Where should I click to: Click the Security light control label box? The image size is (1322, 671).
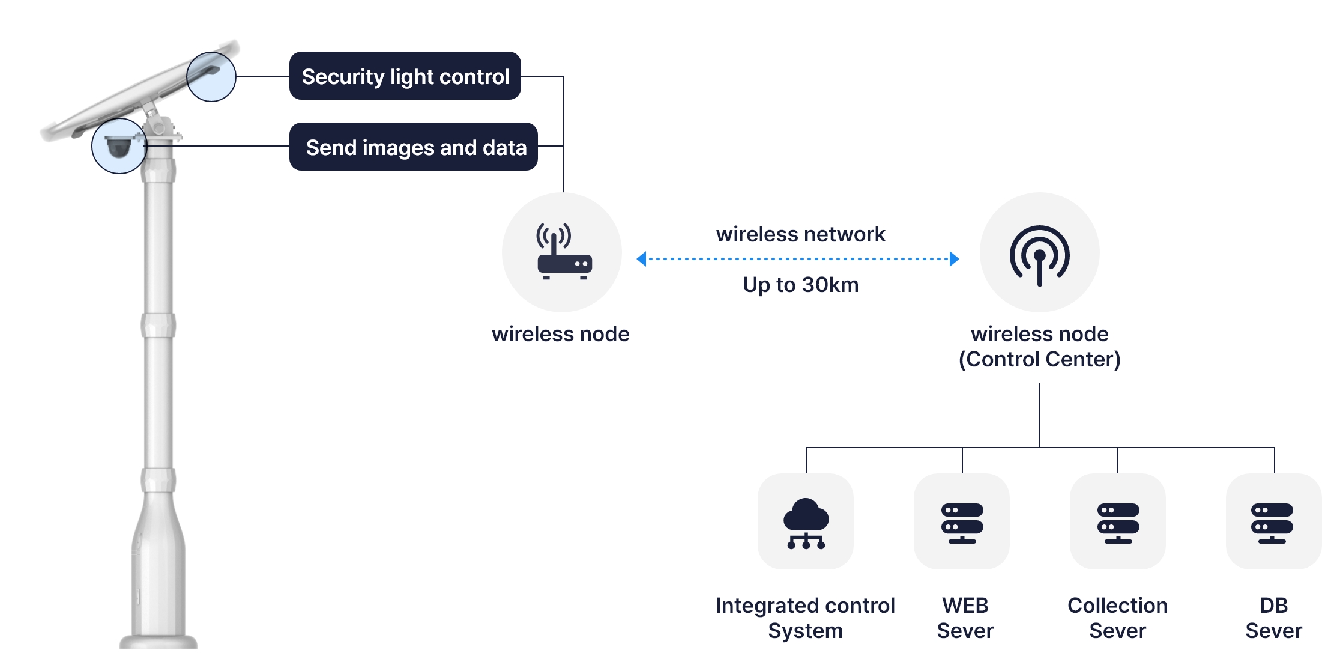click(405, 76)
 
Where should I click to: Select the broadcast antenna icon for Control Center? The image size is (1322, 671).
click(1039, 254)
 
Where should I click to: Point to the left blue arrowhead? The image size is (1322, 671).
click(641, 259)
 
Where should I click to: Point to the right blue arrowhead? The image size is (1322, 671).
click(954, 259)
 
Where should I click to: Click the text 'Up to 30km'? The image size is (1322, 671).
click(800, 285)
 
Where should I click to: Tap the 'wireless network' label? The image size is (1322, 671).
click(800, 234)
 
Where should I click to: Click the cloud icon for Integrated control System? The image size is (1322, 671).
click(806, 522)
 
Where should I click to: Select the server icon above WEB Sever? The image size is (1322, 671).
click(962, 522)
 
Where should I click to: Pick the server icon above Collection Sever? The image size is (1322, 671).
click(1118, 522)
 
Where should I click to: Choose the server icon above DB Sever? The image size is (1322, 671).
click(1272, 522)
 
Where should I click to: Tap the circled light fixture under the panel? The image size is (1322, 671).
click(211, 76)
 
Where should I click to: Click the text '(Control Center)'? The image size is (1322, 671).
click(1039, 359)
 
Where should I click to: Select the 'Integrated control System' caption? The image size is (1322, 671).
click(805, 618)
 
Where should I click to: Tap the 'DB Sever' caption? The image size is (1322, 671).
click(1273, 618)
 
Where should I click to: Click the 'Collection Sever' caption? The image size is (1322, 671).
click(1117, 618)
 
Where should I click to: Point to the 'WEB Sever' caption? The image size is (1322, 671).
click(965, 618)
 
